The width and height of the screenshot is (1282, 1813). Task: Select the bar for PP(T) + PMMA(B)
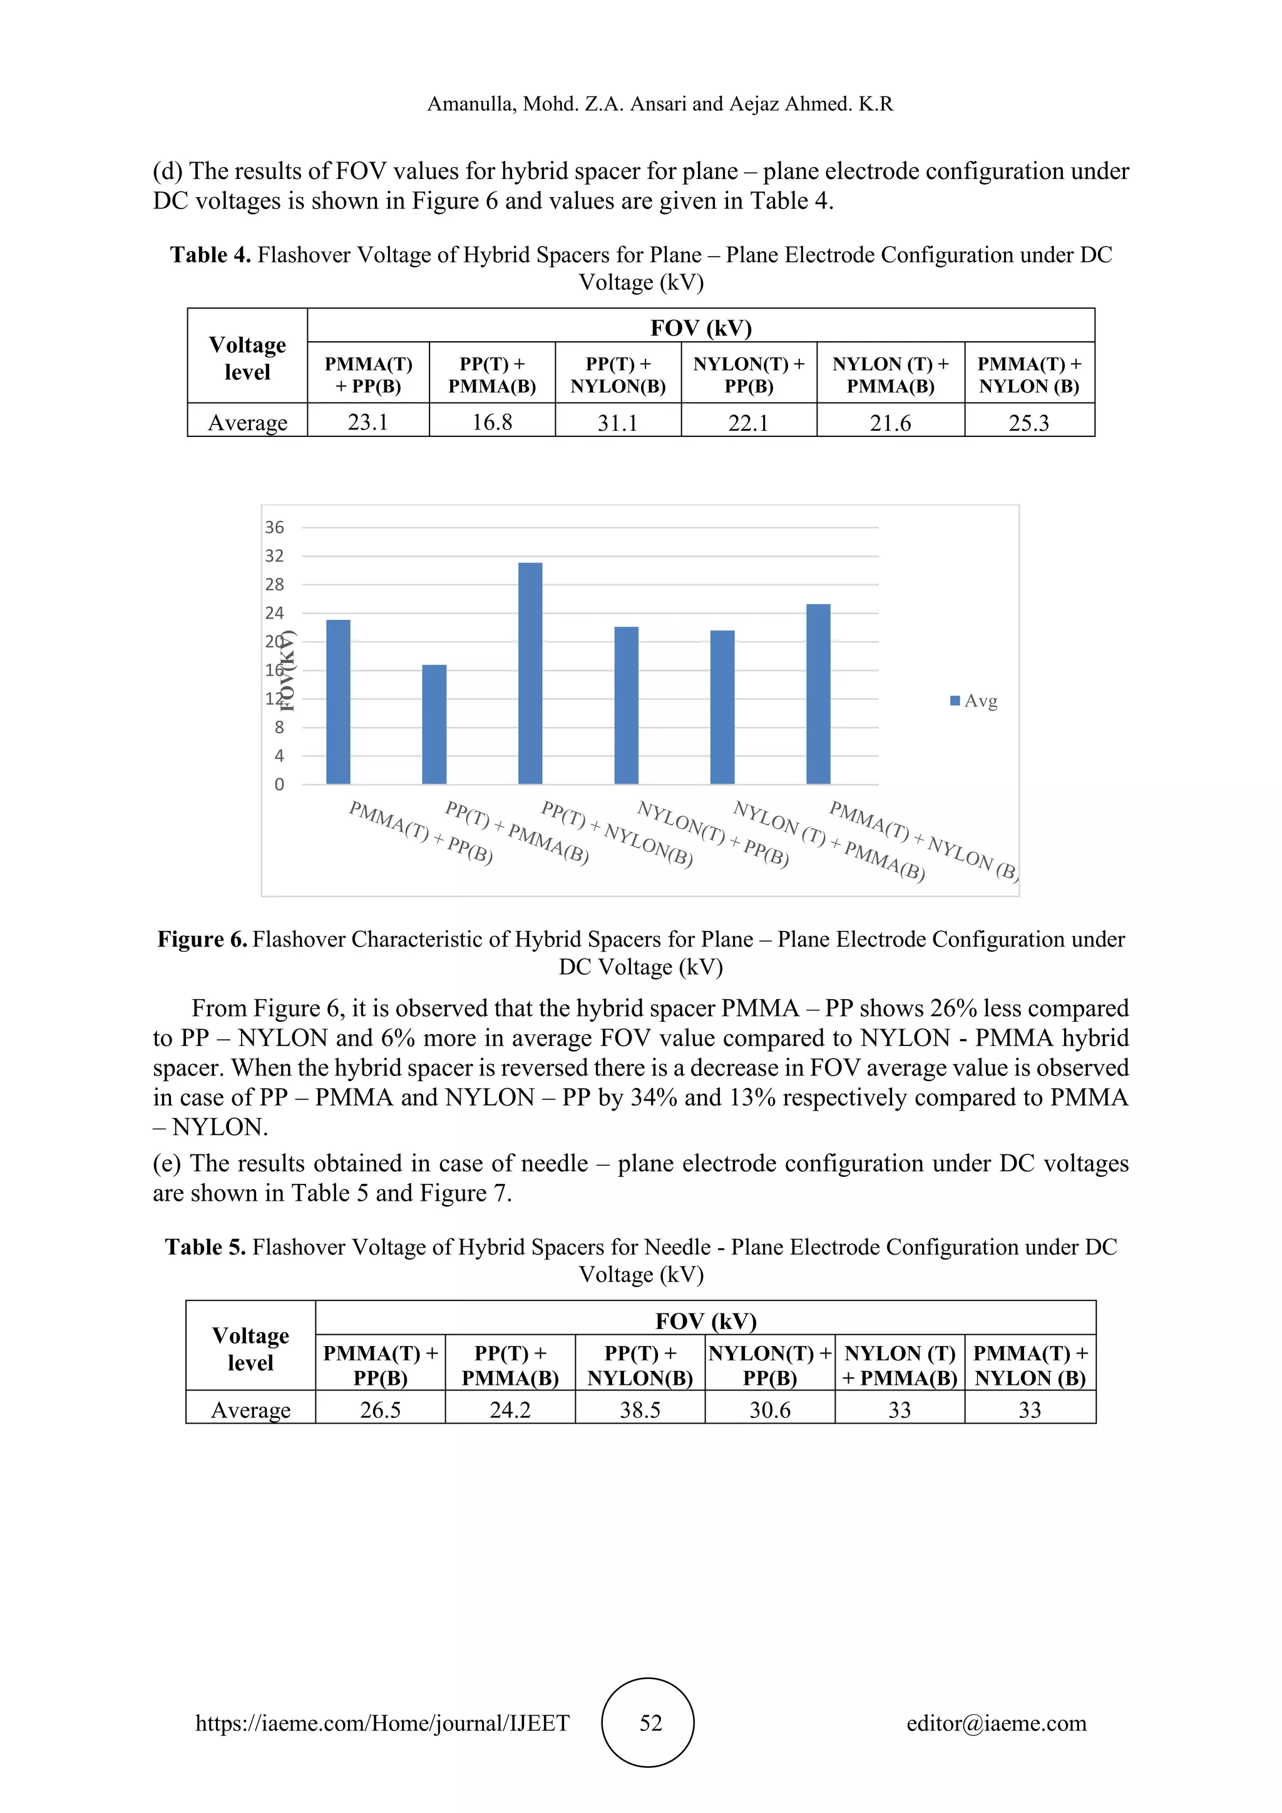[434, 724]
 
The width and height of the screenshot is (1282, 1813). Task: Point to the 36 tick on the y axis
[274, 528]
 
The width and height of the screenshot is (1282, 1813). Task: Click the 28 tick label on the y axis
[274, 584]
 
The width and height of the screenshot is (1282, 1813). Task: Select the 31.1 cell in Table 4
[617, 423]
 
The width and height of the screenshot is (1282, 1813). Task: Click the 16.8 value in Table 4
[492, 423]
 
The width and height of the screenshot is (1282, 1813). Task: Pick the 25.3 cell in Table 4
[1028, 423]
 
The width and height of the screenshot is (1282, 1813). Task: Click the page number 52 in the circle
[650, 1722]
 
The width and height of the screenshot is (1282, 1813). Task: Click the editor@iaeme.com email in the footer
[996, 1722]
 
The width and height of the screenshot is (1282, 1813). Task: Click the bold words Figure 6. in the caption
[202, 939]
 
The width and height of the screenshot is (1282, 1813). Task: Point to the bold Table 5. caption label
[205, 1247]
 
